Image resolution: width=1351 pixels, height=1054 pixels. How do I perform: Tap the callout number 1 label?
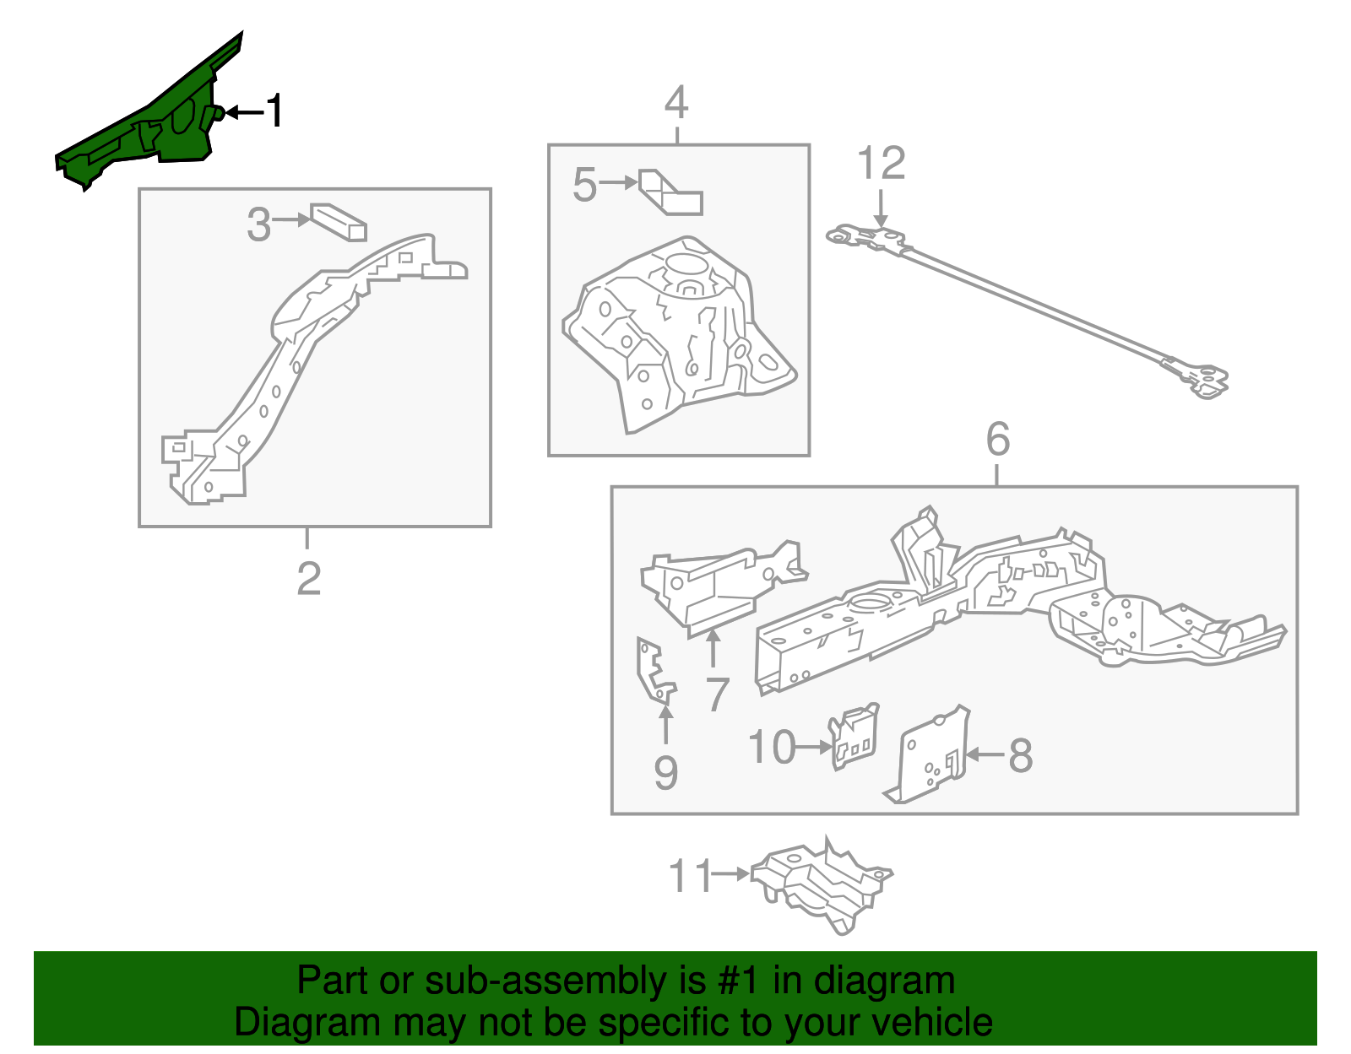pyautogui.click(x=274, y=111)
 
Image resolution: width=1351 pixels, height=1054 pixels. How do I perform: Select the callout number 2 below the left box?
pyautogui.click(x=308, y=578)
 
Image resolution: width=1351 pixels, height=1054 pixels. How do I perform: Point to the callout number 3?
pyautogui.click(x=258, y=224)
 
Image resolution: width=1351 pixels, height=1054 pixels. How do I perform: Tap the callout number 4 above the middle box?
pyautogui.click(x=676, y=104)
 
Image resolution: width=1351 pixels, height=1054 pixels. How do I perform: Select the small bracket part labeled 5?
pyautogui.click(x=671, y=194)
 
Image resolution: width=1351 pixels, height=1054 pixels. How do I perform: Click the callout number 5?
pyautogui.click(x=584, y=185)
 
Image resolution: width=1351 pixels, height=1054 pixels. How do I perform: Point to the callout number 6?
pyautogui.click(x=997, y=440)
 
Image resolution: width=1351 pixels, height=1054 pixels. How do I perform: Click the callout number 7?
pyautogui.click(x=717, y=695)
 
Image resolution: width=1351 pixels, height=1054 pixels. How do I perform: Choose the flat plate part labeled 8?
pyautogui.click(x=929, y=755)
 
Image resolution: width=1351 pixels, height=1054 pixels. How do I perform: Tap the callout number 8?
pyautogui.click(x=1021, y=755)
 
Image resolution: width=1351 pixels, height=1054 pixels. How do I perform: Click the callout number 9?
pyautogui.click(x=665, y=773)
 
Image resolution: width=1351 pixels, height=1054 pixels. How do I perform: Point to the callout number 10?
pyautogui.click(x=772, y=748)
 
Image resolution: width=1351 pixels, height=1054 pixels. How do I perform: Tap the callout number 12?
pyautogui.click(x=881, y=164)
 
